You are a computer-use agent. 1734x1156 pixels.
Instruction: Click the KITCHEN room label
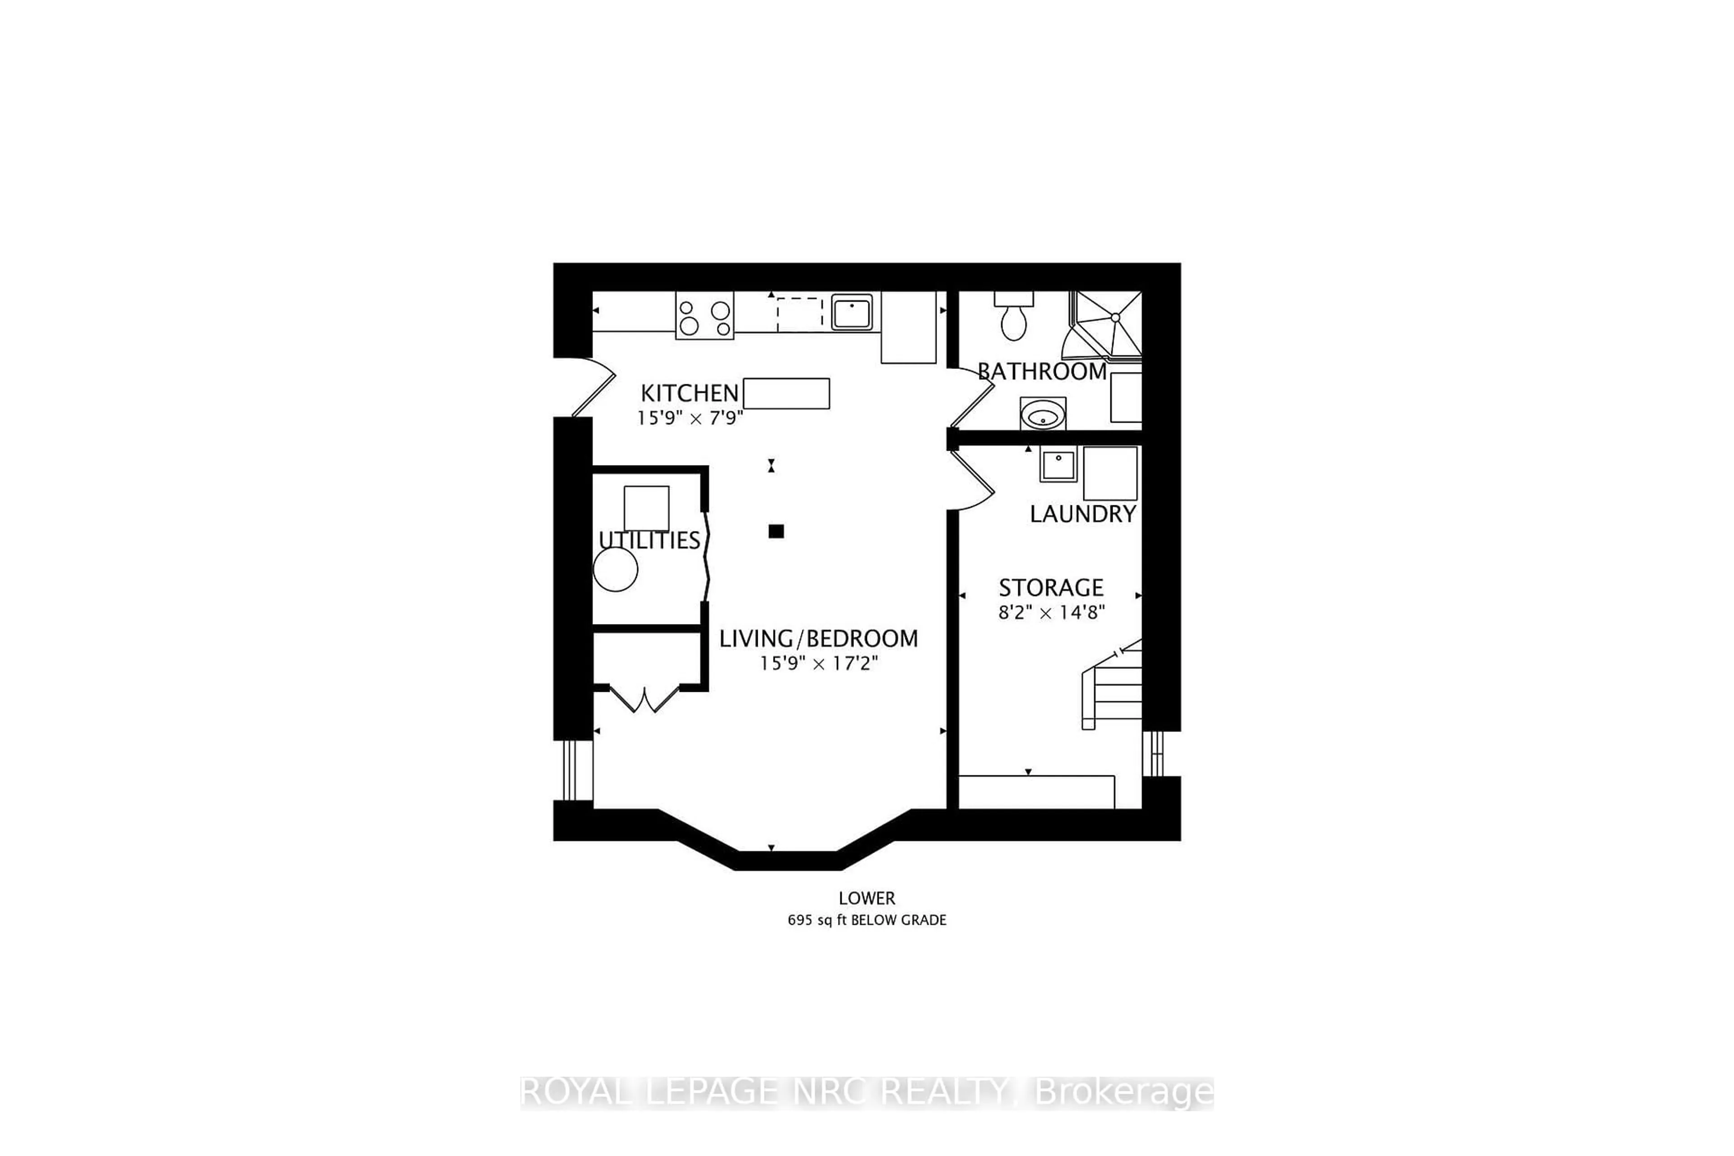coord(689,392)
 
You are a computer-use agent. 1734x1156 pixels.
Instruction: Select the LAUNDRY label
coord(1082,514)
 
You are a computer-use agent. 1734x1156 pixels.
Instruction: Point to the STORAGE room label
coord(1051,587)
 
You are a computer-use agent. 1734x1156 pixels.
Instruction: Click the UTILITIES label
coord(649,541)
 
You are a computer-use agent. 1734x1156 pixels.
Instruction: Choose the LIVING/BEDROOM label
coord(818,639)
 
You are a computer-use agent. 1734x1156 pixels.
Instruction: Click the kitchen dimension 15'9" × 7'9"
coord(690,418)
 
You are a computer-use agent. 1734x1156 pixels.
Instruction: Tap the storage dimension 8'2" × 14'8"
coord(1051,612)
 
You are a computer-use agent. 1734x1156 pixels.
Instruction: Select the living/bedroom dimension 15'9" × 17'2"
coord(818,663)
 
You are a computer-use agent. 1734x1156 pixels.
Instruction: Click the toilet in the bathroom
coord(1014,318)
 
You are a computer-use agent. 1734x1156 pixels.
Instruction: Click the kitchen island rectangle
coord(786,393)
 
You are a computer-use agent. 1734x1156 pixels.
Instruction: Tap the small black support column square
coord(776,531)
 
